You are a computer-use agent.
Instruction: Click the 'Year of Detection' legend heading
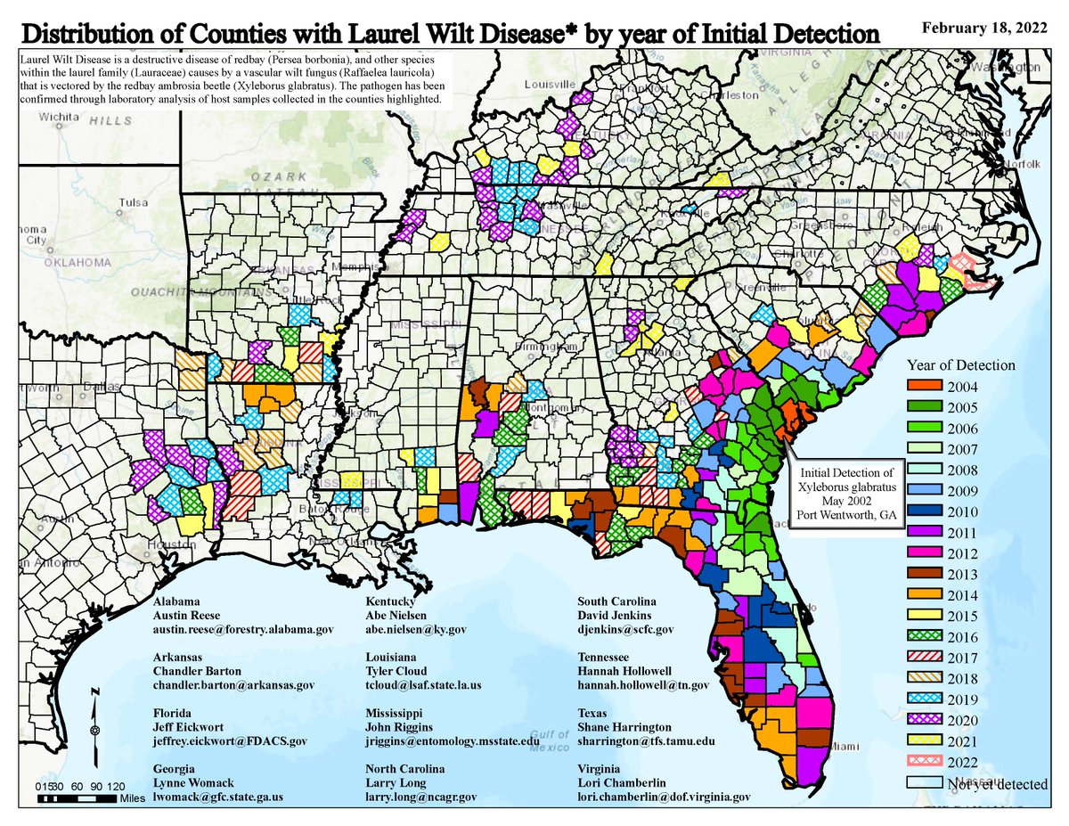(960, 365)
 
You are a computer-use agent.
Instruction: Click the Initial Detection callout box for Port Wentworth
(847, 493)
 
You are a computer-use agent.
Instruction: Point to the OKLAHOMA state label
(76, 262)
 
